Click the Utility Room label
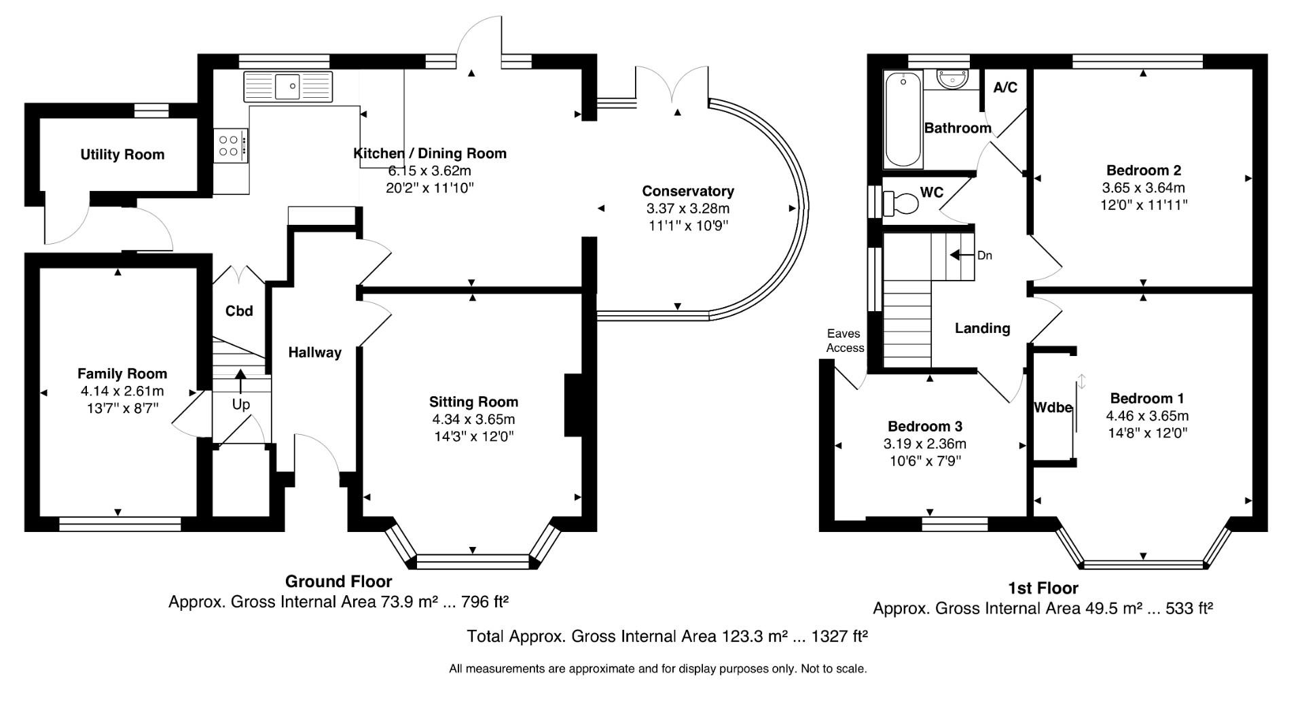[x=122, y=155]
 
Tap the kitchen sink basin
[x=289, y=86]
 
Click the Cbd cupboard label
[x=239, y=311]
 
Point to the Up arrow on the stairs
[x=240, y=382]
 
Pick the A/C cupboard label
[x=1005, y=88]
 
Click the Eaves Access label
[x=846, y=341]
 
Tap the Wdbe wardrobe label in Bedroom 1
[x=1053, y=408]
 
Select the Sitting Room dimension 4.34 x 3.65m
[x=473, y=419]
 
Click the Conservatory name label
[x=688, y=192]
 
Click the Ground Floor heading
[x=338, y=582]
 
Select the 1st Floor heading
[x=1043, y=588]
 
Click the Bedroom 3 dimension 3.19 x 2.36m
[x=925, y=444]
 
